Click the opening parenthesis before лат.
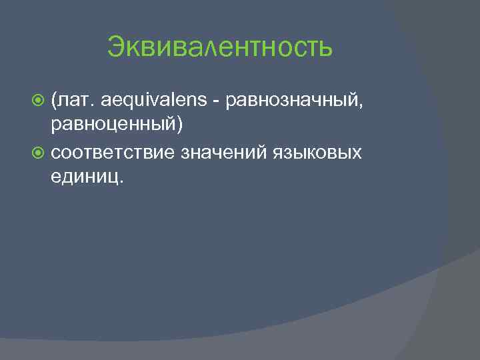[53, 101]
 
